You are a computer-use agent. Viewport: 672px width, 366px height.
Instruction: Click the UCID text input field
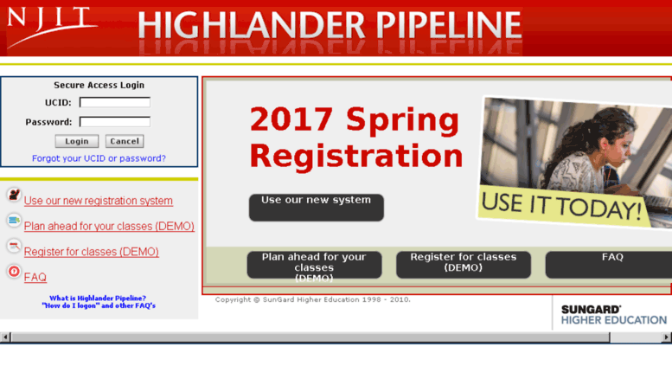point(115,102)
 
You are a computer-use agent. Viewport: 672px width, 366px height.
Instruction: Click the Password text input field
point(115,122)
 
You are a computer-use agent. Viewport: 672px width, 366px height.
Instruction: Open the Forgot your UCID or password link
point(99,158)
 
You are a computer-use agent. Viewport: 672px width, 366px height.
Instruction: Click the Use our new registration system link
point(98,201)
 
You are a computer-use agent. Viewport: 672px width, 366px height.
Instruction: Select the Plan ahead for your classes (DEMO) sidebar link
point(109,226)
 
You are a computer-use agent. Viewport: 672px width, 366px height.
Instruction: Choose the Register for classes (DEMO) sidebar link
point(92,252)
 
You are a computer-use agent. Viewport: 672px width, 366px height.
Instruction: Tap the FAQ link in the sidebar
point(35,277)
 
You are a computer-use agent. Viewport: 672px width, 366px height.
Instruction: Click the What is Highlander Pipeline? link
point(98,298)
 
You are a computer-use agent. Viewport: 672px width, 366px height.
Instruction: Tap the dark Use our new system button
point(317,208)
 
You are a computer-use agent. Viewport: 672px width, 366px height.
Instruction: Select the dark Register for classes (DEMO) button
point(464,265)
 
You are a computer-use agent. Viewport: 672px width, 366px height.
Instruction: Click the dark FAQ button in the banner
point(609,265)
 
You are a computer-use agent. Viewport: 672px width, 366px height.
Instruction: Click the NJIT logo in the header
point(50,27)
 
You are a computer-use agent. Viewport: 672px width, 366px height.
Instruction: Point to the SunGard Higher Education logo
point(614,315)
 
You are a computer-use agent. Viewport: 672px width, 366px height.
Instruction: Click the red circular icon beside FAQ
point(14,272)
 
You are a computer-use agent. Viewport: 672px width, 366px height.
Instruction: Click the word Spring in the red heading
point(402,120)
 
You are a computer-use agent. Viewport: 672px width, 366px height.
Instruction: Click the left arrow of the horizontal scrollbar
point(5,337)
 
